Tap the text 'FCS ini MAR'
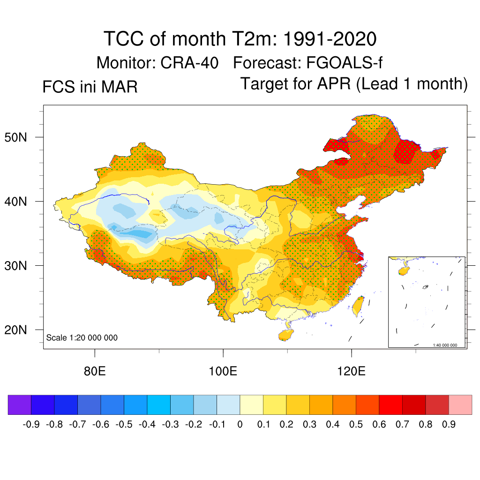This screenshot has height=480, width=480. tap(90, 87)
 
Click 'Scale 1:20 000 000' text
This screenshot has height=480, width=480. tap(82, 338)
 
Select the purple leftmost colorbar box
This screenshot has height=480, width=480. tap(19, 405)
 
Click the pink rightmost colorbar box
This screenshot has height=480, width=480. tap(460, 405)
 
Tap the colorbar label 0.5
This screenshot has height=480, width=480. tap(356, 425)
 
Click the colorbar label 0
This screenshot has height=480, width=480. tap(240, 425)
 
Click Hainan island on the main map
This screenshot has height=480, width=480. tap(285, 335)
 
